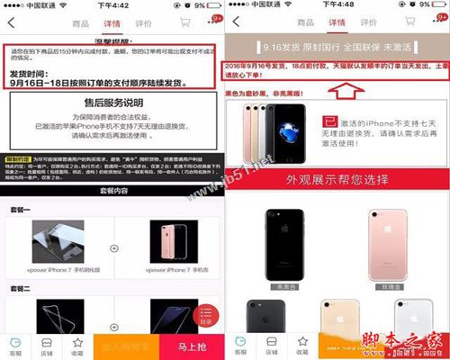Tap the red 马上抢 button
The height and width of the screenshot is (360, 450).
coord(191,345)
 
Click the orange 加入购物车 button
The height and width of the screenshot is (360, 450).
coord(128,345)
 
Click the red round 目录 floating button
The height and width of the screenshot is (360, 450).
coord(206,311)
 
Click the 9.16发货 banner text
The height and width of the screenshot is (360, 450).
coord(336,42)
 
